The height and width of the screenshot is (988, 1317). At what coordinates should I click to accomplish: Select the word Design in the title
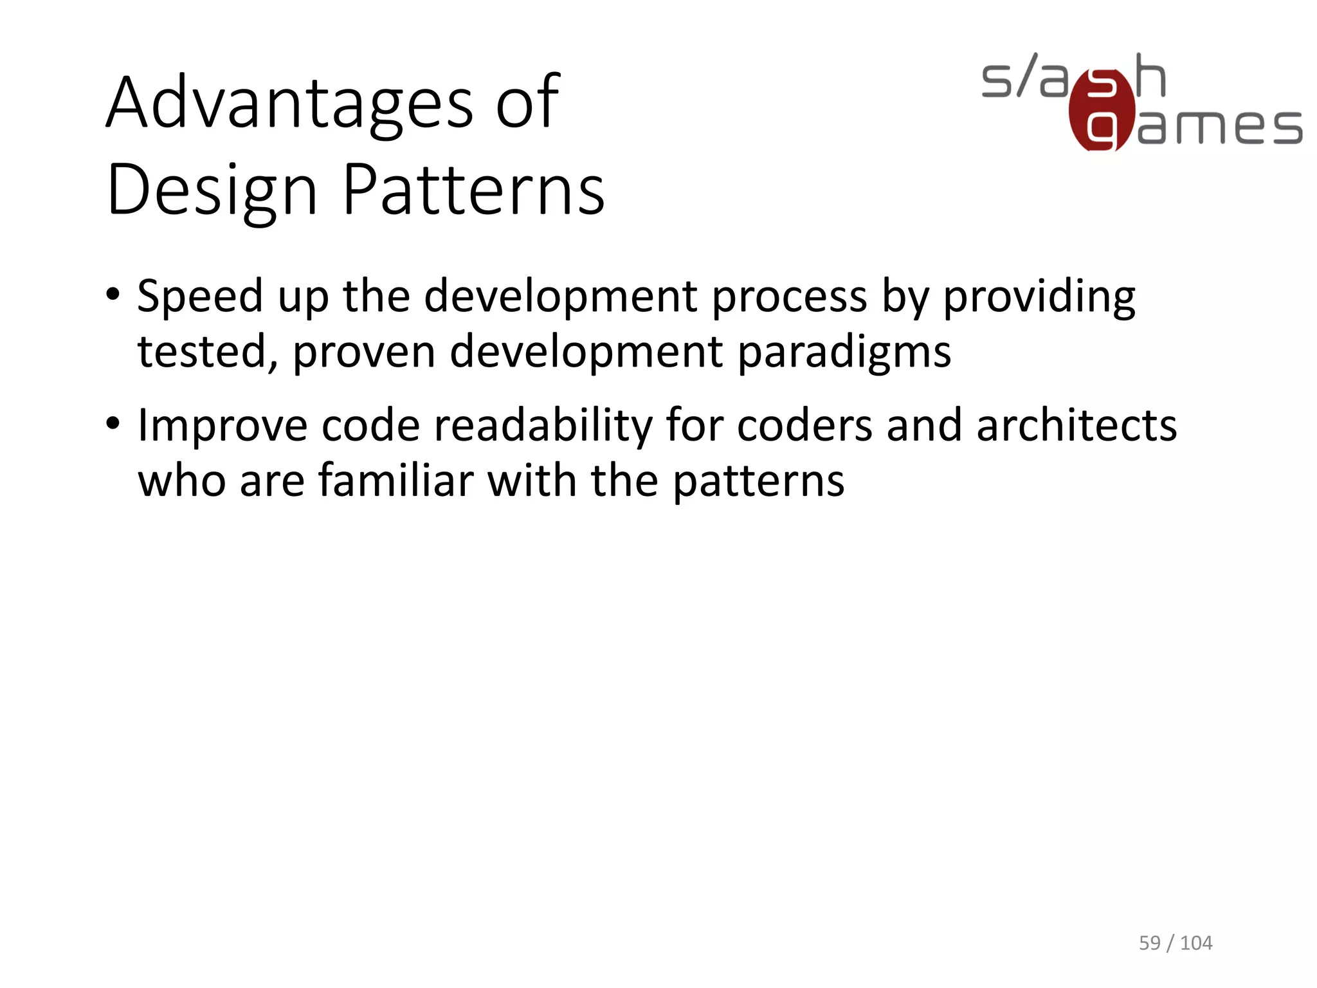point(212,190)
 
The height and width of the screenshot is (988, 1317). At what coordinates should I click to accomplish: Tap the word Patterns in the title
point(473,190)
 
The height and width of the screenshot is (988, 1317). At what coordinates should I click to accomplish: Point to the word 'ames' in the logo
point(1219,127)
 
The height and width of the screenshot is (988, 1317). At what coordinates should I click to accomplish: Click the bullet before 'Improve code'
point(113,425)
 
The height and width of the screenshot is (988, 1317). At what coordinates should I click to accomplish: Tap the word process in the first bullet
point(790,297)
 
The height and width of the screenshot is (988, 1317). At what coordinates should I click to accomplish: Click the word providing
point(1039,297)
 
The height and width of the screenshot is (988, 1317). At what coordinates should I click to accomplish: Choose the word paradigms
point(844,353)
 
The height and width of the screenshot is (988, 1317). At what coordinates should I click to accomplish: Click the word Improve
point(223,426)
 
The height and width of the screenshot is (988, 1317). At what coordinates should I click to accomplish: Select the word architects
point(1076,426)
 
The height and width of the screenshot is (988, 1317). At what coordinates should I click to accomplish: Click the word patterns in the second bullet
point(759,482)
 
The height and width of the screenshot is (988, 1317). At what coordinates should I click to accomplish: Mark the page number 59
point(1150,943)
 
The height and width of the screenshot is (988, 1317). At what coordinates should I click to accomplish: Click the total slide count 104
point(1196,943)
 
